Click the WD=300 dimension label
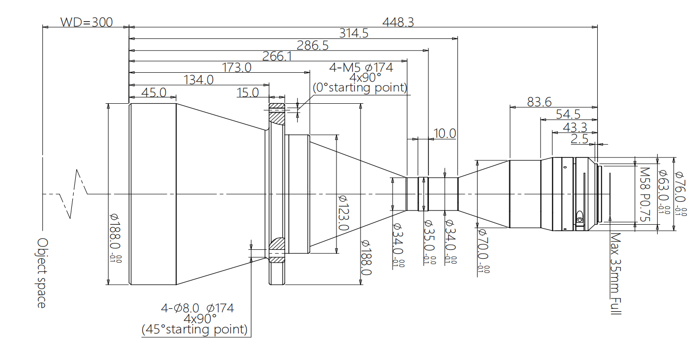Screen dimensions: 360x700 [87, 22]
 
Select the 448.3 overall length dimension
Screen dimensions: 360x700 [398, 22]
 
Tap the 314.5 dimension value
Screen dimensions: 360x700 [353, 33]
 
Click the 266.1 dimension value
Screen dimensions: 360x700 [277, 57]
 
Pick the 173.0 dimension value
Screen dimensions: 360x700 [237, 68]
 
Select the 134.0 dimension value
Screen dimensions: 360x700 [198, 80]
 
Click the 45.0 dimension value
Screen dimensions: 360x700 [153, 92]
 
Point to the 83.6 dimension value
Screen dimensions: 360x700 [539, 102]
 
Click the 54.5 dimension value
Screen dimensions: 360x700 [568, 114]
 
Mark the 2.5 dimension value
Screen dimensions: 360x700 [579, 139]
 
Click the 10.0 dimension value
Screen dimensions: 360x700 [445, 133]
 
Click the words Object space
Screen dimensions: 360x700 [42, 273]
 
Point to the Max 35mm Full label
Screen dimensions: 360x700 [615, 273]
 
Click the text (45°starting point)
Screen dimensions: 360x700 [194, 329]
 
